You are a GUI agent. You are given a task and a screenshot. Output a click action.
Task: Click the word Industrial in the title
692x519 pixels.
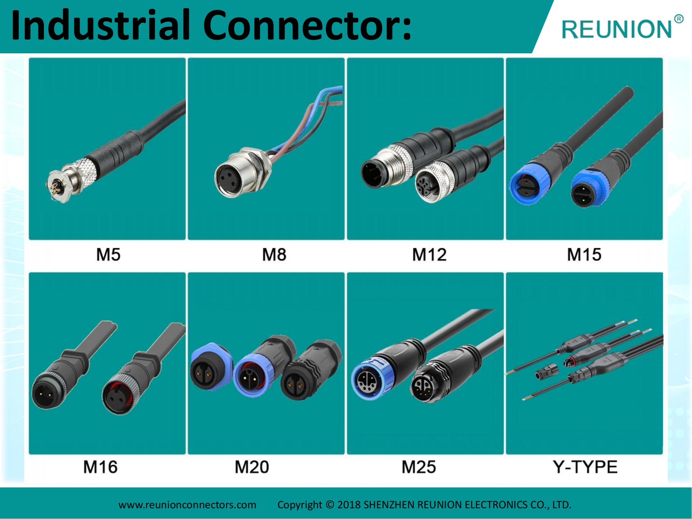click(100, 25)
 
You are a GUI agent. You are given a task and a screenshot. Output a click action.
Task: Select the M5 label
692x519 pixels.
click(108, 255)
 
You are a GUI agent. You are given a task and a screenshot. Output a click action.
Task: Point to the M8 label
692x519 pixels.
click(274, 255)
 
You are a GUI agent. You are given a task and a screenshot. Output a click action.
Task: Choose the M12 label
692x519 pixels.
click(429, 255)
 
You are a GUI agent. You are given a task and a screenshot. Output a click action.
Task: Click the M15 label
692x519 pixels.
click(584, 255)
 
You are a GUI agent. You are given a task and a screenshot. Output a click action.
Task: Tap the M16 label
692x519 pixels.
click(100, 467)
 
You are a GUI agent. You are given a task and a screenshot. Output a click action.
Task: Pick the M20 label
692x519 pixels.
click(252, 467)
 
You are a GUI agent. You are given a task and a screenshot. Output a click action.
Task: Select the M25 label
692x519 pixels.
click(419, 467)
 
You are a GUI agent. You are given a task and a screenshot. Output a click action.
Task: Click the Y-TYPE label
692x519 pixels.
click(585, 467)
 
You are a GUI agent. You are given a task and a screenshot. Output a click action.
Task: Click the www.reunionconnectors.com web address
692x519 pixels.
click(187, 505)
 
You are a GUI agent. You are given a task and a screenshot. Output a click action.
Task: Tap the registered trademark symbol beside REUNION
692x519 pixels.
click(679, 19)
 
